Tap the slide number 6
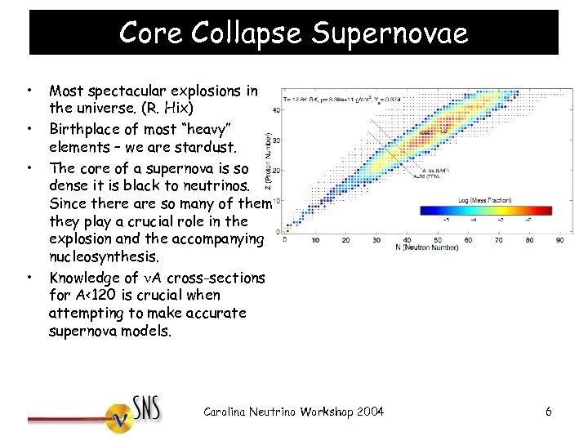coord(549,412)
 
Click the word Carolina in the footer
coord(228,411)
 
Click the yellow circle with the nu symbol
coord(122,419)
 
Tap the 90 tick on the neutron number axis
coord(559,240)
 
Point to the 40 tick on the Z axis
coord(277,109)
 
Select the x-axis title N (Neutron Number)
coord(422,248)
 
